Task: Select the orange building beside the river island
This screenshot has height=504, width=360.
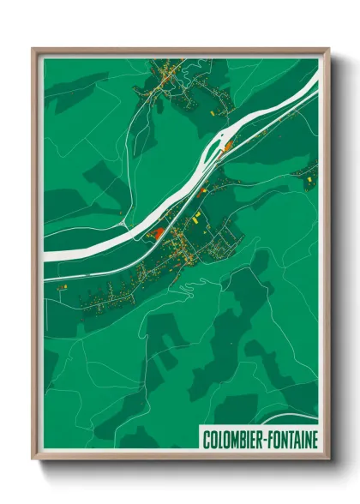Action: [x=227, y=149]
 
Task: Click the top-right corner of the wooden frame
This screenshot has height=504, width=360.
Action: [x=328, y=49]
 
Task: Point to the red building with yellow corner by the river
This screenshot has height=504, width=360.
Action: [x=157, y=232]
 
